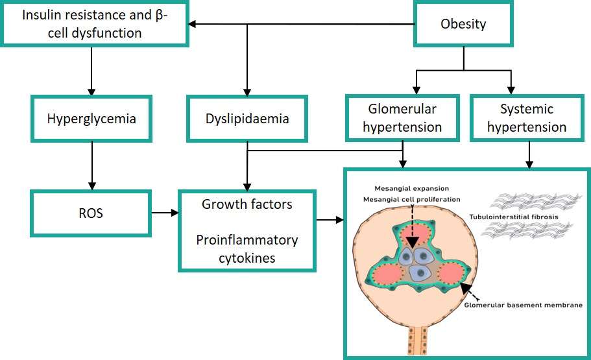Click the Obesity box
(x=463, y=24)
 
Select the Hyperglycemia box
(x=91, y=118)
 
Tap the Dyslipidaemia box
(x=247, y=118)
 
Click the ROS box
(x=91, y=213)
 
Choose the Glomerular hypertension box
(x=402, y=118)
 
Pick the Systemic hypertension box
(x=527, y=118)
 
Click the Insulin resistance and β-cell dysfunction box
(x=94, y=24)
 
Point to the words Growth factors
(x=247, y=204)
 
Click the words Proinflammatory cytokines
(x=247, y=249)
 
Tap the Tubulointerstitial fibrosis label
(x=514, y=217)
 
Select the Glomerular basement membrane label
(x=523, y=305)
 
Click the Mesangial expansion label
(x=411, y=189)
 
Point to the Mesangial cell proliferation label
(x=411, y=199)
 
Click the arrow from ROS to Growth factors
(x=165, y=213)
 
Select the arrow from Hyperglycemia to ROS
(x=92, y=166)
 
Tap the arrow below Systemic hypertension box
(x=529, y=155)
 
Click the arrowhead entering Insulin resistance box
(x=192, y=24)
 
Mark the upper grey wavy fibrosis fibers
(x=536, y=202)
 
